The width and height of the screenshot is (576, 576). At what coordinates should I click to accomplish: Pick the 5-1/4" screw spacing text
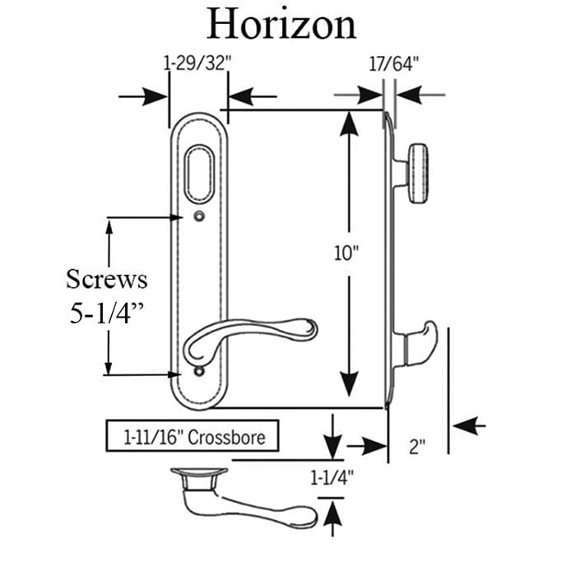pos(107,314)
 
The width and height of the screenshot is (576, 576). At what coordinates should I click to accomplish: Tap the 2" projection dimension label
pos(417,448)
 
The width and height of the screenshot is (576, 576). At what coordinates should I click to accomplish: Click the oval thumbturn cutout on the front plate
pos(198,173)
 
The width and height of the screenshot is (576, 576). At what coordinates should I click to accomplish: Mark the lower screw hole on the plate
pos(198,374)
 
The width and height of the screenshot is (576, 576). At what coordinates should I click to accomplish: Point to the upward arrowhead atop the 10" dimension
pos(349,123)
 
